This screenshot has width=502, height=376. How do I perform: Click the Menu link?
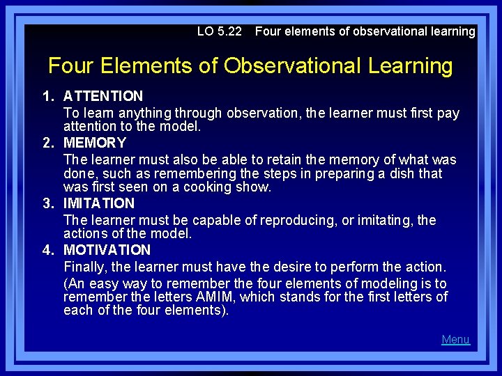tap(455, 340)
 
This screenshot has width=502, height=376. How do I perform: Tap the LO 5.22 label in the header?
tap(219, 31)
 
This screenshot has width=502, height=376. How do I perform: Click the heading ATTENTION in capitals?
tap(103, 96)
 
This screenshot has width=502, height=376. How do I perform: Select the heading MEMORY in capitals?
tap(95, 143)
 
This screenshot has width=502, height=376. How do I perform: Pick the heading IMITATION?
tap(99, 203)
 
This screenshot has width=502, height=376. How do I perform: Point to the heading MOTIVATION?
tap(107, 250)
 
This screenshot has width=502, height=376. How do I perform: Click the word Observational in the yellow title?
tap(290, 66)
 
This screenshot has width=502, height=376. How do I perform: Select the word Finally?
tap(86, 267)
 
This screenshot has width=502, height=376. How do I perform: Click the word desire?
tap(293, 267)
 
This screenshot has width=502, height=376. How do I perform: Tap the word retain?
tap(254, 159)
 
